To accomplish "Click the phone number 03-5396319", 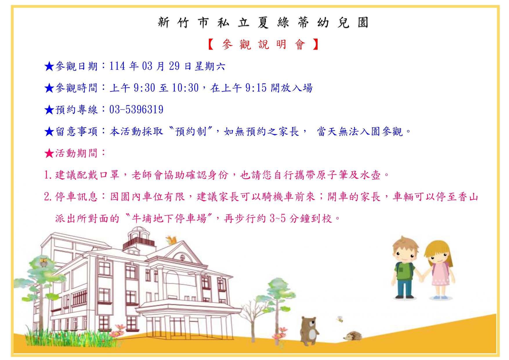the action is pyautogui.click(x=136, y=110).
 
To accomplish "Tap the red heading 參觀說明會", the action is pyautogui.click(x=263, y=44).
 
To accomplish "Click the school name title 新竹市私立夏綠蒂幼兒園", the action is pyautogui.click(x=263, y=22).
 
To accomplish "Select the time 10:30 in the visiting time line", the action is pyautogui.click(x=185, y=88).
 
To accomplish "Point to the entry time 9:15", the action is pyautogui.click(x=256, y=88).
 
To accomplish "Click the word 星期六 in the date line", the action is pyautogui.click(x=210, y=66).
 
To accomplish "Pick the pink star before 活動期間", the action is pyautogui.click(x=49, y=153).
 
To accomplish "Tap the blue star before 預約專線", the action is pyautogui.click(x=49, y=110).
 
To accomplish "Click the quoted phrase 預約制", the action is pyautogui.click(x=191, y=131).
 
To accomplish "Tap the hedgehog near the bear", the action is pyautogui.click(x=353, y=336).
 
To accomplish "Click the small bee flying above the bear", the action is pyautogui.click(x=340, y=319).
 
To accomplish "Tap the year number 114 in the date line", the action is pyautogui.click(x=117, y=66).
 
